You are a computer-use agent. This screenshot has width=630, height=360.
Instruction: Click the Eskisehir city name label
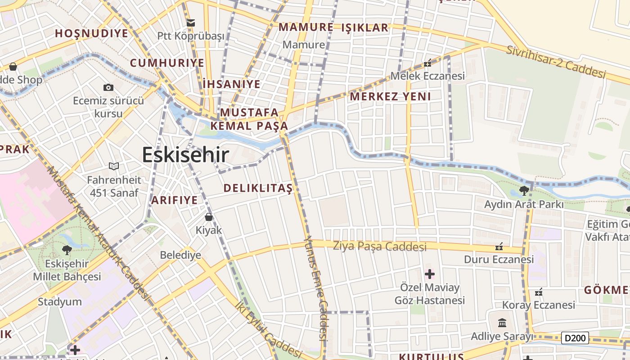(x=185, y=155)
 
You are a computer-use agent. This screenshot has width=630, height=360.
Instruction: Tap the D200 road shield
(x=575, y=337)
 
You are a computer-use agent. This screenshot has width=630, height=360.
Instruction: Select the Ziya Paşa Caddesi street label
(x=379, y=247)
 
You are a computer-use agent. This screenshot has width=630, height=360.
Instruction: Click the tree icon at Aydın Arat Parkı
(x=524, y=191)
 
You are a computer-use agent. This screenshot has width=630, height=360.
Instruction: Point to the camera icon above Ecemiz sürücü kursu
(x=108, y=87)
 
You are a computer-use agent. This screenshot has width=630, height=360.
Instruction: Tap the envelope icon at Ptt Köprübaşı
(x=190, y=22)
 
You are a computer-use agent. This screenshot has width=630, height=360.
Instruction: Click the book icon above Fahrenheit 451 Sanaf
(x=114, y=166)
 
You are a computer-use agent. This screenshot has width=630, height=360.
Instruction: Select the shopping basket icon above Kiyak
(x=209, y=217)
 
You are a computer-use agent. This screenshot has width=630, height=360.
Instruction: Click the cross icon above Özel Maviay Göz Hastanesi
(x=429, y=274)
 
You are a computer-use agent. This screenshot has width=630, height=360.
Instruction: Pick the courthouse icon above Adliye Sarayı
(x=502, y=323)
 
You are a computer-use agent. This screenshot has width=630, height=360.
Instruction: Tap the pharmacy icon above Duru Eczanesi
(x=499, y=247)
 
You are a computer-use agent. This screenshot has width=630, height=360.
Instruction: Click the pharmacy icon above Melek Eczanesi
(x=427, y=63)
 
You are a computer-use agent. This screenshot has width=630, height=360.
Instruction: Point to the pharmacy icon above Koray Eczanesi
(x=538, y=292)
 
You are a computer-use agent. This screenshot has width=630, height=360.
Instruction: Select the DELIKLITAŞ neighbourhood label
(x=258, y=188)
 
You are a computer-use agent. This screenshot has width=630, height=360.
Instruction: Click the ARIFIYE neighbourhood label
(x=174, y=200)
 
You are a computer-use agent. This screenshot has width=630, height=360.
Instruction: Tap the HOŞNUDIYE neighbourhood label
(x=92, y=33)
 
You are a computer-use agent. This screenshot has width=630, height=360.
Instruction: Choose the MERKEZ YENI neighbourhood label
(x=390, y=96)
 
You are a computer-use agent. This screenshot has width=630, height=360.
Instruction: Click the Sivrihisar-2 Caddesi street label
(x=556, y=61)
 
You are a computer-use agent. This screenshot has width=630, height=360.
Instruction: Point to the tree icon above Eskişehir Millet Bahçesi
(x=67, y=250)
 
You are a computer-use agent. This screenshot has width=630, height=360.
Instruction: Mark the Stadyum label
(x=60, y=301)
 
